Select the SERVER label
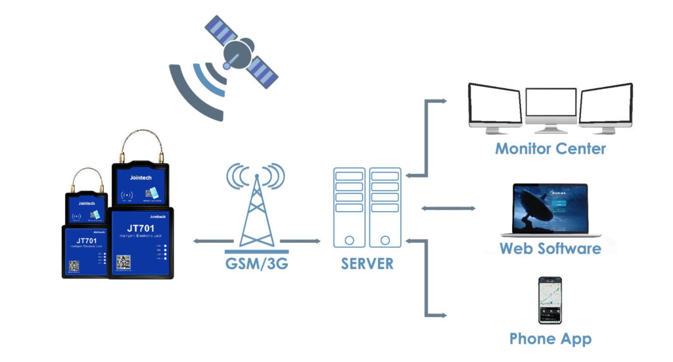pos(367,264)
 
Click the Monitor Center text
pos(550,148)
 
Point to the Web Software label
pos(550,249)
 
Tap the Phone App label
pos(550,340)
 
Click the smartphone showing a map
pos(550,300)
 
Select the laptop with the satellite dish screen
pos(550,209)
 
